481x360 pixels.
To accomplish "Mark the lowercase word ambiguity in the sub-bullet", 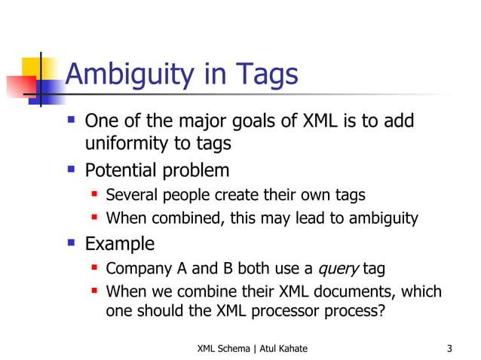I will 381,219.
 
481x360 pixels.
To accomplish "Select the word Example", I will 119,244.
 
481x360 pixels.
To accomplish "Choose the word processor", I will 293,311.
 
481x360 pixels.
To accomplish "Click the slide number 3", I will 449,348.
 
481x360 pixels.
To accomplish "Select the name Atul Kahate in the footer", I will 281,348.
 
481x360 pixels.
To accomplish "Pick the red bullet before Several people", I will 96,194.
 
